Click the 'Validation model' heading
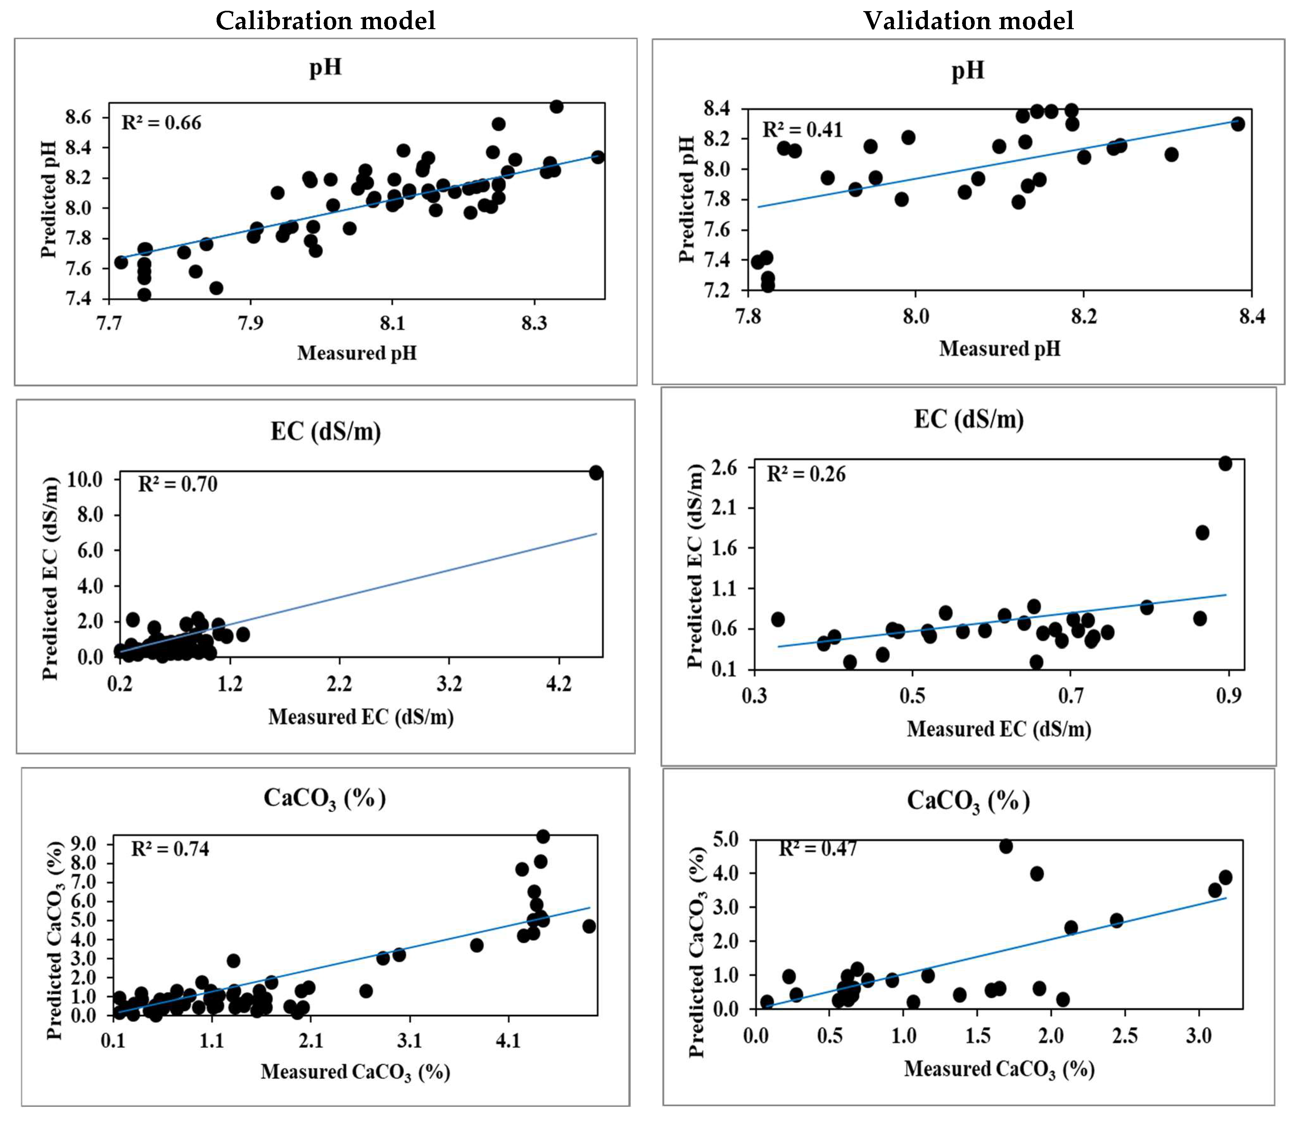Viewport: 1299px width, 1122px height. coord(969,21)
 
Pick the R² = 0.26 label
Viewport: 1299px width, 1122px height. coord(806,474)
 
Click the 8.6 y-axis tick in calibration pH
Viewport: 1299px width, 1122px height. coord(78,117)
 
